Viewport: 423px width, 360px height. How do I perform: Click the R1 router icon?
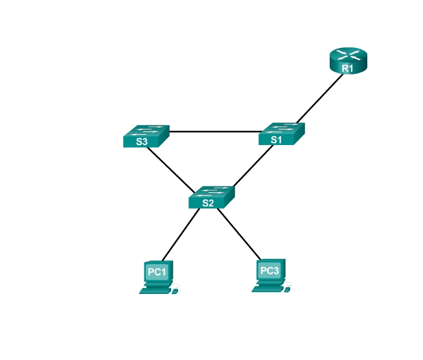pos(349,61)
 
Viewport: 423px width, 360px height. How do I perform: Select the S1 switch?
pos(282,134)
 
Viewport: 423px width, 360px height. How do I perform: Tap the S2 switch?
pos(212,197)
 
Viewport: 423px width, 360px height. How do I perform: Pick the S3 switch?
pos(146,136)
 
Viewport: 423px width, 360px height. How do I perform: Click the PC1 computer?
pos(159,277)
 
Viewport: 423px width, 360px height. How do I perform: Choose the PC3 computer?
pos(271,276)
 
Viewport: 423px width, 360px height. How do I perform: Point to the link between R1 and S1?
pos(320,98)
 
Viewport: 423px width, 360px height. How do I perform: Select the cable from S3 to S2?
pos(171,170)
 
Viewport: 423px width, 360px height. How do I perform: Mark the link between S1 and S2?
pos(253,166)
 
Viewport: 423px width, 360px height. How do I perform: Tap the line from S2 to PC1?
pos(181,234)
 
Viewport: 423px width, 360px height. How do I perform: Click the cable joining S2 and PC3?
pos(239,234)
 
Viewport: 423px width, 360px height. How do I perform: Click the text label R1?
pos(347,68)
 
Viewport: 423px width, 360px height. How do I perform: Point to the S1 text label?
pos(276,140)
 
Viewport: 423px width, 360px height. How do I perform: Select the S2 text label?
pos(208,203)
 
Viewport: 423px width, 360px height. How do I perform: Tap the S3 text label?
pos(142,142)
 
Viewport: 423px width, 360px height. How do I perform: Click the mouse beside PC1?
pos(174,291)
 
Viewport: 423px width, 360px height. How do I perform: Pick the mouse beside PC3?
pos(287,289)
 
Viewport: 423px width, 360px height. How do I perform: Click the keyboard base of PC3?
pos(268,289)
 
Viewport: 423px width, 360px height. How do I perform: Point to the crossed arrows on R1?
pos(349,54)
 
